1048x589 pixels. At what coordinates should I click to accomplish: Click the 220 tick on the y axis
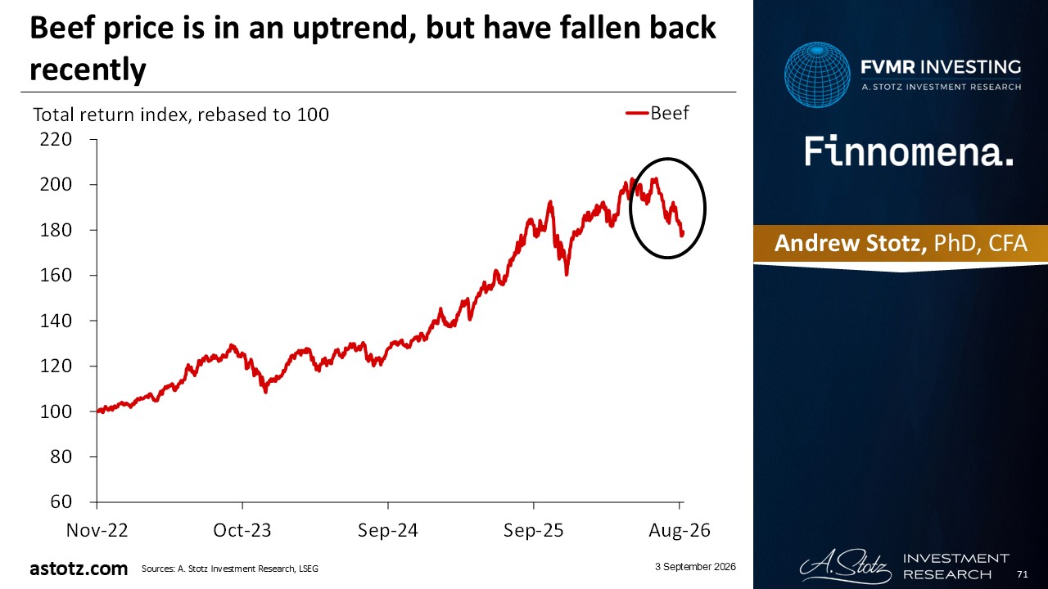click(56, 139)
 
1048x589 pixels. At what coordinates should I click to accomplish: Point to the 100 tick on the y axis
click(56, 411)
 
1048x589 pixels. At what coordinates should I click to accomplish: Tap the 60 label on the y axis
click(61, 501)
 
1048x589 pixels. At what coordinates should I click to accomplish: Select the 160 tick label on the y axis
click(56, 275)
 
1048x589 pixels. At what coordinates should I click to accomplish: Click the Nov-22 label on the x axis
click(97, 531)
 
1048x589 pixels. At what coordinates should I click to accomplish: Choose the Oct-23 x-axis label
click(242, 531)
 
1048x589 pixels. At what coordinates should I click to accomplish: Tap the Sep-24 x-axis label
click(388, 531)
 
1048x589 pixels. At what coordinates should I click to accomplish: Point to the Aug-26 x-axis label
click(680, 531)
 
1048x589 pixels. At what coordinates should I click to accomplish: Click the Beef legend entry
click(657, 113)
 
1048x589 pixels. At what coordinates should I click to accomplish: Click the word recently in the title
click(88, 70)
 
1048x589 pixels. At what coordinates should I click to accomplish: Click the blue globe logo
click(817, 74)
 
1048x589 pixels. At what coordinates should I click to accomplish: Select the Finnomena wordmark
click(909, 152)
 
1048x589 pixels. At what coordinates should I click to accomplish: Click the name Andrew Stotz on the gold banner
click(851, 243)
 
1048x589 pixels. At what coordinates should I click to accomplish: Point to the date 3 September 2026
click(695, 567)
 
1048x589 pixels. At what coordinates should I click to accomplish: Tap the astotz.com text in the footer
click(79, 569)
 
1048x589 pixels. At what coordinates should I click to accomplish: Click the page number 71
click(1023, 574)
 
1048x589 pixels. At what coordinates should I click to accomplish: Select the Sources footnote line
click(230, 569)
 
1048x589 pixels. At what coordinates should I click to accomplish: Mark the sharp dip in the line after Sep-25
click(567, 273)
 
